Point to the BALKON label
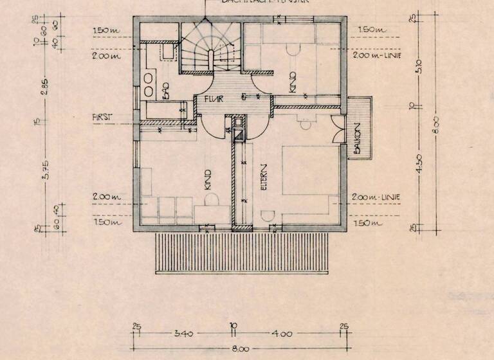[x=356, y=142]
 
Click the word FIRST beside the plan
[x=102, y=117]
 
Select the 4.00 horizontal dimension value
[x=282, y=334]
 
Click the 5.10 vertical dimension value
[x=419, y=65]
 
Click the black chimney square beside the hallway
[x=239, y=134]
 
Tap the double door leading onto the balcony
[x=338, y=129]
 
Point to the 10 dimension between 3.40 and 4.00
[x=232, y=326]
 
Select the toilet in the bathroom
[x=166, y=51]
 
